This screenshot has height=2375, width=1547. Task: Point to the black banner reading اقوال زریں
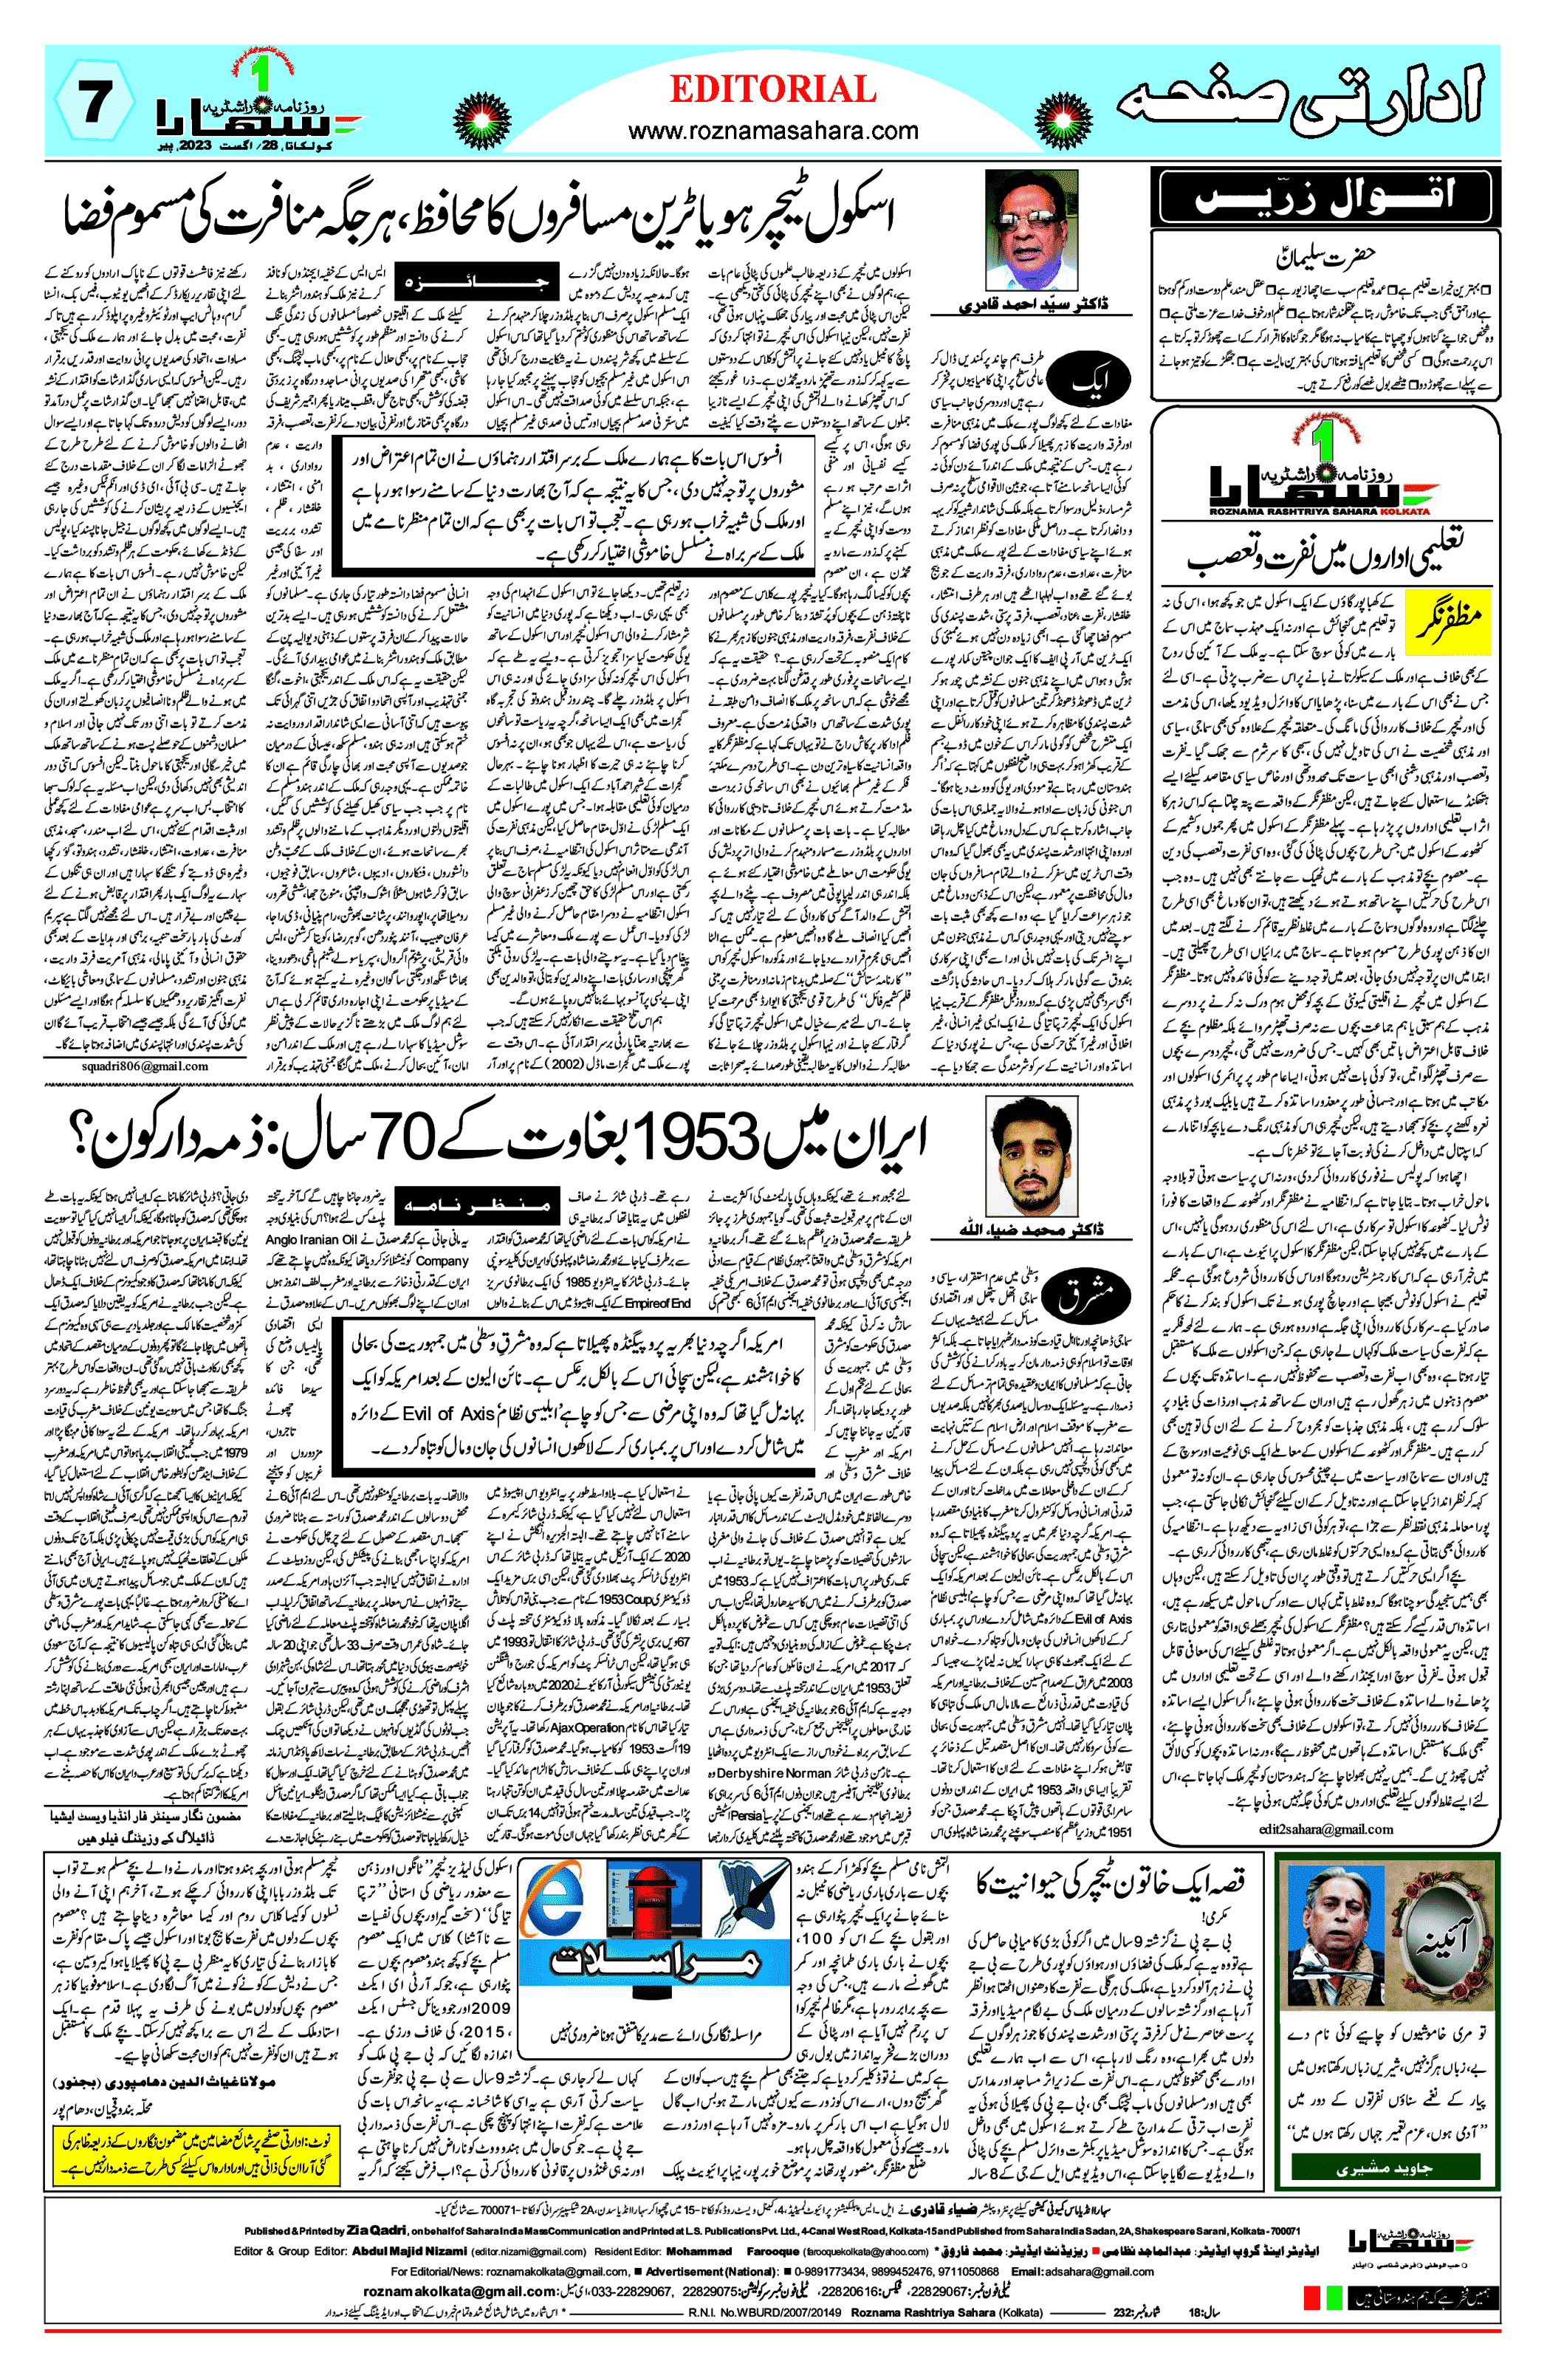(x=1325, y=196)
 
